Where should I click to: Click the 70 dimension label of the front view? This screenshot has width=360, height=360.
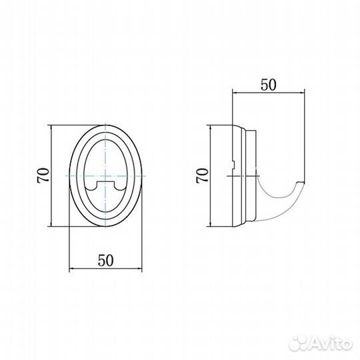point(43,175)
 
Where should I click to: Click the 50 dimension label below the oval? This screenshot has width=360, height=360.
point(106,261)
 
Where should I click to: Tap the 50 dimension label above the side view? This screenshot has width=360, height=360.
point(269,85)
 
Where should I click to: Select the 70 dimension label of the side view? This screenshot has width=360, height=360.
point(202,175)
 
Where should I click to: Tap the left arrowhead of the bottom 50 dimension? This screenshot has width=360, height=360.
point(71,268)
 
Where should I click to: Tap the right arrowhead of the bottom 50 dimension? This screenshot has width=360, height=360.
point(139,268)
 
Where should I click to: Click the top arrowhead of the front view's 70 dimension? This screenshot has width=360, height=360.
point(51,128)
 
